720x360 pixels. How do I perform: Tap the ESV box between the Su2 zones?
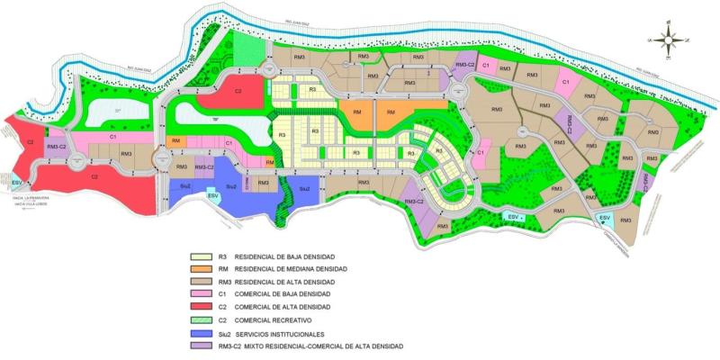[x=213, y=195]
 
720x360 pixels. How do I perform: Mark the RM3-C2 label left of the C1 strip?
[x=57, y=145]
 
